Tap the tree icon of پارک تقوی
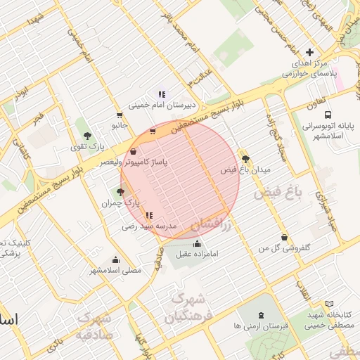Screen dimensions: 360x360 pos(87,136)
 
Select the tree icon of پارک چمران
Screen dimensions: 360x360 pos(120,191)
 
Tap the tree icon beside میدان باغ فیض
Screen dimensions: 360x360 pos(245,159)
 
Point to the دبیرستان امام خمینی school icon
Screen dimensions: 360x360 pos(162,94)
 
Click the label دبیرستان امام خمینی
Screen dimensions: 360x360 pos(163,107)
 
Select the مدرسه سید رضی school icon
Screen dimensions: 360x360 pos(148,214)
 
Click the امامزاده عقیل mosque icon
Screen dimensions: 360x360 pos(195,243)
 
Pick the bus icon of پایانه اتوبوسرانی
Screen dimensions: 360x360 pos(327,115)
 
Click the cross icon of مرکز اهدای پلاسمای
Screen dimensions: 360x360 pos(310,52)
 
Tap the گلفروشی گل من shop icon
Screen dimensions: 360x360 pos(284,238)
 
